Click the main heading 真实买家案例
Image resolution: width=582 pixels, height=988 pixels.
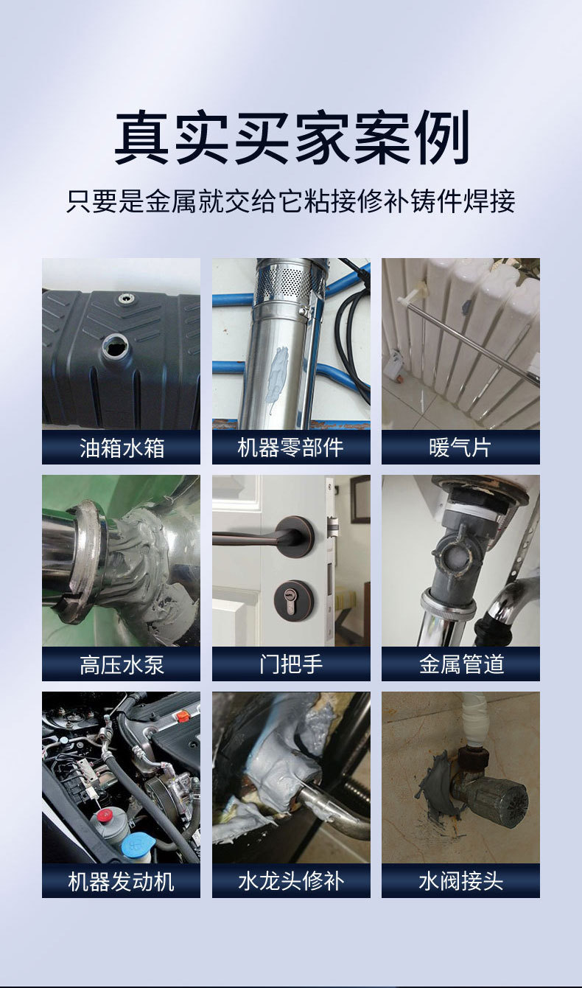[x=291, y=138]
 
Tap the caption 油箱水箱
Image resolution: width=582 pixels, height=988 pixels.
[x=121, y=448]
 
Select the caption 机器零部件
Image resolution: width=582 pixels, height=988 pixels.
[x=291, y=448]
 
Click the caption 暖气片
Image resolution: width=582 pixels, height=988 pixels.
[x=460, y=448]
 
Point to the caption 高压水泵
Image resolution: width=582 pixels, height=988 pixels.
[x=121, y=664]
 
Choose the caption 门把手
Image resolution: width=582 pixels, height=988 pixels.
[x=291, y=664]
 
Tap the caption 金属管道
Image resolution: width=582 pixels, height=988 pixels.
[x=460, y=664]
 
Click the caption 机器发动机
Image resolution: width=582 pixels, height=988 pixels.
[x=121, y=881]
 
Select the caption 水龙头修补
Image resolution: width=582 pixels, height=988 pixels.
[x=291, y=881]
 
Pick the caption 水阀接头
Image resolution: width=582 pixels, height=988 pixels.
[x=460, y=881]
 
